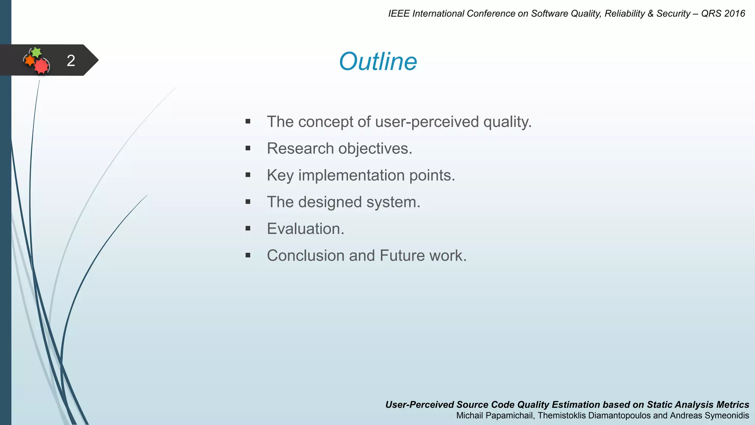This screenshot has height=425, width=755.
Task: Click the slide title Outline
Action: pyautogui.click(x=378, y=61)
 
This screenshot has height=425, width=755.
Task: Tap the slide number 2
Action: pyautogui.click(x=71, y=61)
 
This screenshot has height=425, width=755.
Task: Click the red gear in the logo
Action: pyautogui.click(x=42, y=66)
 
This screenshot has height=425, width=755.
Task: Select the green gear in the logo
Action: pyautogui.click(x=36, y=52)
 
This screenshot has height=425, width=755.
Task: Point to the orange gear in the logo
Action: pyautogui.click(x=29, y=60)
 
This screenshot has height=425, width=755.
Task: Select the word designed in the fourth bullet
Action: pyautogui.click(x=330, y=202)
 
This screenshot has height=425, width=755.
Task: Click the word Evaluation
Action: pyautogui.click(x=305, y=229)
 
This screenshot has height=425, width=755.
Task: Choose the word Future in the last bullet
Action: pyautogui.click(x=402, y=256)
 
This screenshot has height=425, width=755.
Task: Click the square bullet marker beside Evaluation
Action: pyautogui.click(x=248, y=229)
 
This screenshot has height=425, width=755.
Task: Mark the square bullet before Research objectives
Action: pyautogui.click(x=248, y=148)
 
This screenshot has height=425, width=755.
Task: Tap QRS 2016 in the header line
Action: pyautogui.click(x=723, y=14)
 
